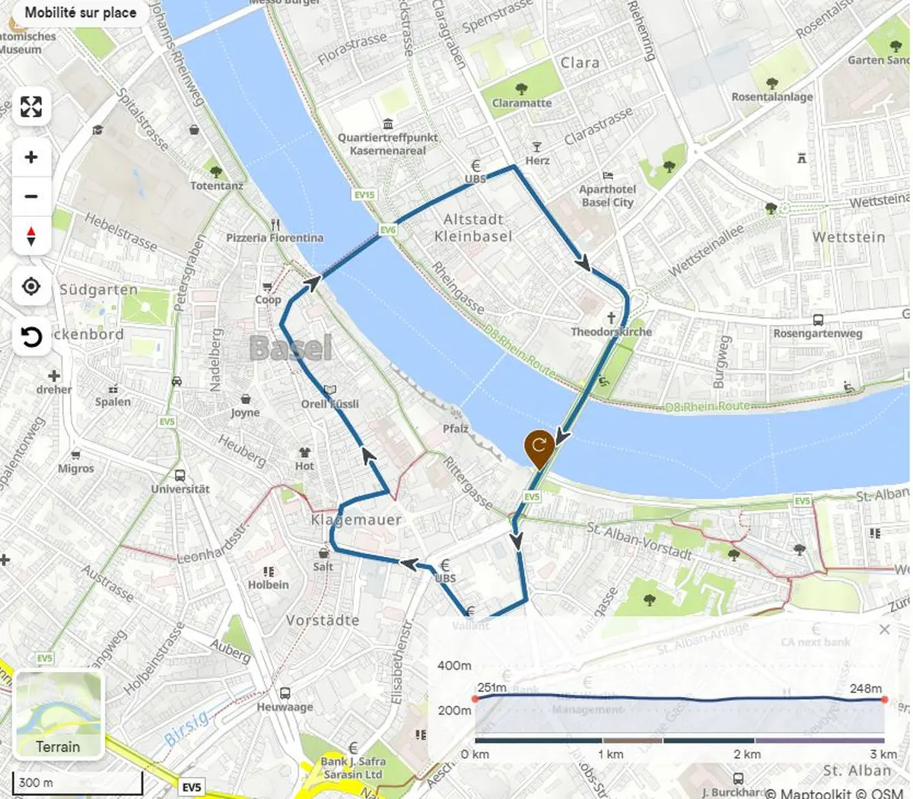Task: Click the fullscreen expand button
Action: click(x=31, y=107)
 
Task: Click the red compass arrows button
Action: click(x=31, y=236)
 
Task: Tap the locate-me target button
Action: click(x=31, y=286)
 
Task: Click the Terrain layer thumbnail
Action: click(x=59, y=714)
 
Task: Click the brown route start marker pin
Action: click(x=539, y=449)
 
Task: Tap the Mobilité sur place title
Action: click(x=80, y=13)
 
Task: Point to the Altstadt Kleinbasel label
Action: click(x=473, y=228)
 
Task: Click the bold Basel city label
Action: click(x=291, y=349)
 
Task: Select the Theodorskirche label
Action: click(x=612, y=332)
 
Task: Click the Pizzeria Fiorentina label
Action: click(x=275, y=237)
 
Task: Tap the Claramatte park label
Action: click(x=522, y=103)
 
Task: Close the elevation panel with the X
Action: click(x=884, y=629)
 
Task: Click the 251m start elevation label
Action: click(x=492, y=687)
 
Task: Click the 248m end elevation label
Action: click(x=866, y=688)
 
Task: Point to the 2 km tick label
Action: click(x=747, y=754)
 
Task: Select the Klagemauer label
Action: click(x=356, y=520)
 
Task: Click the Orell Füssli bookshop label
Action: click(x=329, y=403)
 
